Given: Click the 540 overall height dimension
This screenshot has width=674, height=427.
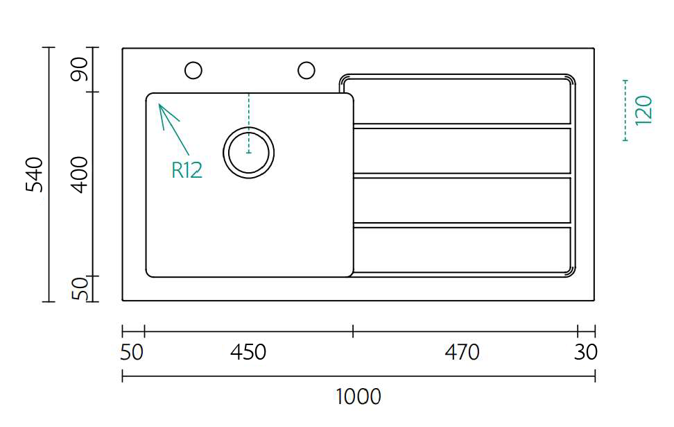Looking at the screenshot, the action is (35, 175).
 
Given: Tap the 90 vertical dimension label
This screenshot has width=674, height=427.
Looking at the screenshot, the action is (80, 69).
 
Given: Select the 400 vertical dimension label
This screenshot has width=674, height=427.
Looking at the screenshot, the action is (80, 175).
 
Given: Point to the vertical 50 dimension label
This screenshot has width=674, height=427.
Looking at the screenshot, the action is (80, 288).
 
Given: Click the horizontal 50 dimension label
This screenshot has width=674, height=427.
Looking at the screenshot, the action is (132, 353).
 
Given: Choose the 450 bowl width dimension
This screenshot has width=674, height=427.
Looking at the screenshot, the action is (248, 353).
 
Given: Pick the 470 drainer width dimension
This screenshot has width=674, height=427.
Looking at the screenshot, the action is (462, 353).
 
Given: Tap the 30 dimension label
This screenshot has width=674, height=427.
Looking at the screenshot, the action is (585, 353).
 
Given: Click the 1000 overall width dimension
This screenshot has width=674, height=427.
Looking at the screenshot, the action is (358, 397).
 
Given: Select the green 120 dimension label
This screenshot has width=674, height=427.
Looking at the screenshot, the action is (643, 110).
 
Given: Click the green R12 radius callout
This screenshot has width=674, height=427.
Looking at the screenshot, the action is (187, 170).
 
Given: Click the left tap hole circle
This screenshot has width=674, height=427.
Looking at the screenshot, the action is (193, 70).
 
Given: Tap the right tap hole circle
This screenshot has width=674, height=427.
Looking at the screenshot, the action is (306, 70).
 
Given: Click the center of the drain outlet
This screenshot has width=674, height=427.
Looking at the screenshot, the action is (248, 152).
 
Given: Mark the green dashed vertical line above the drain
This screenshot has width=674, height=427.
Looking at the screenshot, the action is (248, 123).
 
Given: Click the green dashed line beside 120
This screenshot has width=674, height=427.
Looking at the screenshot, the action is (625, 110).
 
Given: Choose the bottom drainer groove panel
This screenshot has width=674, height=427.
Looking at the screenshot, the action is (462, 250).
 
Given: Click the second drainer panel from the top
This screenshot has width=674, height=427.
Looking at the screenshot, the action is (462, 151).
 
